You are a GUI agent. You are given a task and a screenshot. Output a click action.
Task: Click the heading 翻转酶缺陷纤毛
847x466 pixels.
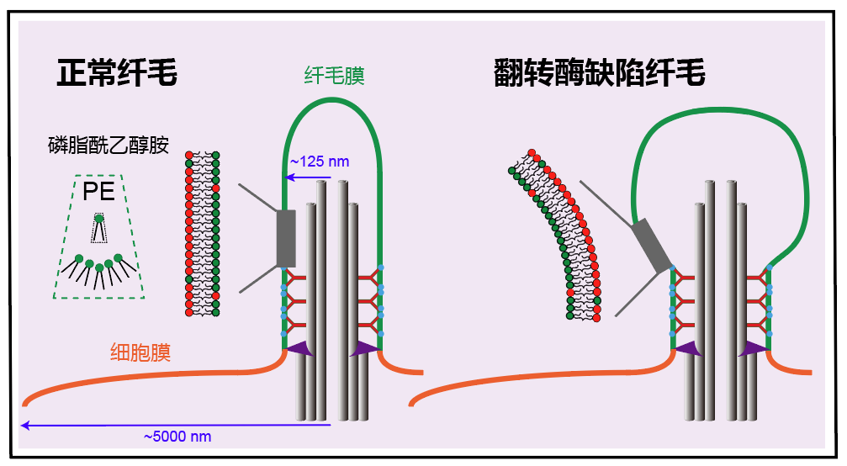click(599, 74)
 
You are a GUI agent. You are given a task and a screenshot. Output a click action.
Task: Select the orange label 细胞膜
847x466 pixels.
click(140, 352)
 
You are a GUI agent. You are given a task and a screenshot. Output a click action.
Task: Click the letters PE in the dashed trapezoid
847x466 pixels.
click(98, 192)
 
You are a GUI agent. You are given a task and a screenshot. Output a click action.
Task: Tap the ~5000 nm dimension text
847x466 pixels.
click(177, 437)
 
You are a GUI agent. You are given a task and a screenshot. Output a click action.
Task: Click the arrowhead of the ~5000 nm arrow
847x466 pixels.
click(25, 426)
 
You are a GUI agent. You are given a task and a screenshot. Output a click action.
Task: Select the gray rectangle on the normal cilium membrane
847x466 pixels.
click(286, 237)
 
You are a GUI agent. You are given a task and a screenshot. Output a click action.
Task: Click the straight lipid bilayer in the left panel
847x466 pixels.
click(202, 234)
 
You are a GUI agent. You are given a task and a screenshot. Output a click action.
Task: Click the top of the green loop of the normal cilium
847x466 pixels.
click(333, 100)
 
